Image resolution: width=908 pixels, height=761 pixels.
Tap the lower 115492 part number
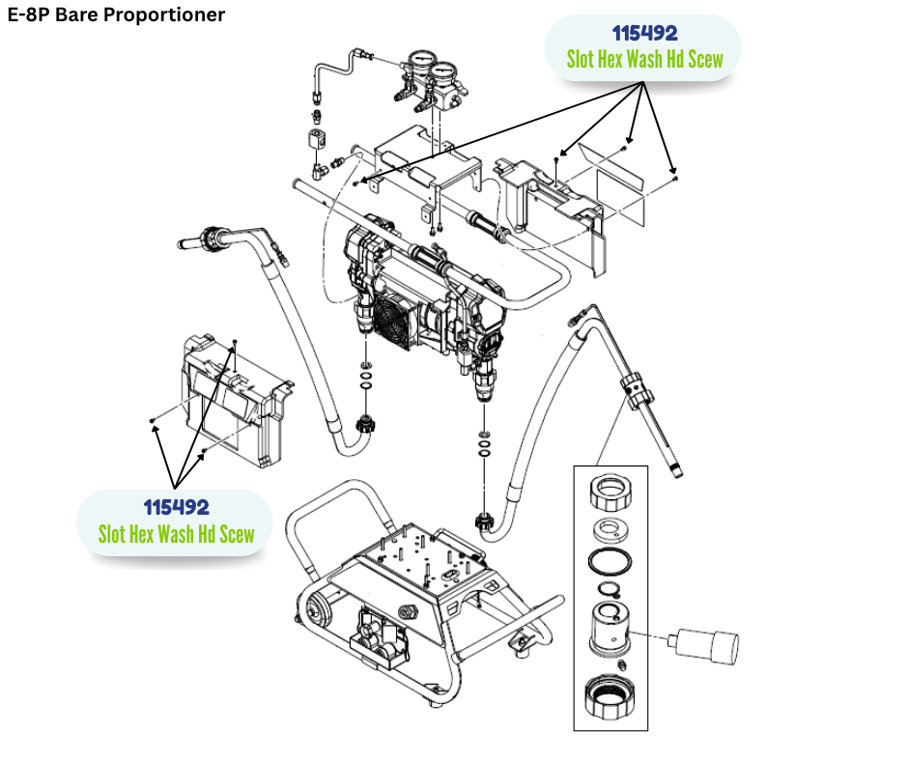(176, 507)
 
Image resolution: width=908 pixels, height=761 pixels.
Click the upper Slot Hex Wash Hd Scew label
(644, 60)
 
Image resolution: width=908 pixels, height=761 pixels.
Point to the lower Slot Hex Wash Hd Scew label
(176, 533)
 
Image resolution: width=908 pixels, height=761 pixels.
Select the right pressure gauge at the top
(445, 74)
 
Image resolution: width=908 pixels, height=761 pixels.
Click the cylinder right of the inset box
(708, 642)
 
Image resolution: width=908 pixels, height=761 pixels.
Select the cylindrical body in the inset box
(610, 629)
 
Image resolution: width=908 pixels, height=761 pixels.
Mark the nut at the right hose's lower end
(486, 523)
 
